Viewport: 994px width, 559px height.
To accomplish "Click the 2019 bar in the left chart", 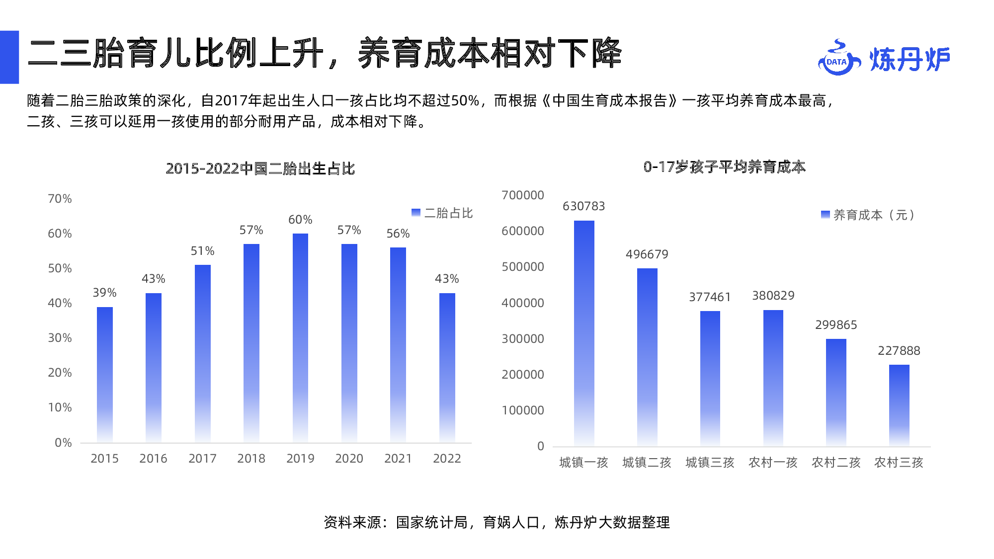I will click(300, 338).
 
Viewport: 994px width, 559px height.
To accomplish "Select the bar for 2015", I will click(104, 375).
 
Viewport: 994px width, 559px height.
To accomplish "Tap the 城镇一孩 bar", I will click(584, 333).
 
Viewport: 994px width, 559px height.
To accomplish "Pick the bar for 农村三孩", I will click(899, 405).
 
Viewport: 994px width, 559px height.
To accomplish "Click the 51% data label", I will click(202, 251).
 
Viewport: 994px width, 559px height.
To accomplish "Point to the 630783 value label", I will click(583, 206).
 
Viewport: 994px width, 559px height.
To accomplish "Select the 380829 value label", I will click(773, 296).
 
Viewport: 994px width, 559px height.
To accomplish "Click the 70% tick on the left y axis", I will click(60, 199).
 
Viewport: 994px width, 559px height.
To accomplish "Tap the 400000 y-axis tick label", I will click(522, 303).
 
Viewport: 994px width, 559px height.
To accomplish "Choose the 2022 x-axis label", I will click(447, 458).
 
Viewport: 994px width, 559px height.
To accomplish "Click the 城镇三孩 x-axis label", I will click(710, 463).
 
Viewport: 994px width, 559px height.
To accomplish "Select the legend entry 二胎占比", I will click(442, 213).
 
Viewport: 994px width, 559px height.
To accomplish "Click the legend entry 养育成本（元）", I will click(868, 215).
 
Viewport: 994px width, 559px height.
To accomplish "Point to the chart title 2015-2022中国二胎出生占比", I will click(260, 168).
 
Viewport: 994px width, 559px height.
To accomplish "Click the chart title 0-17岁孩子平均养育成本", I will click(724, 167).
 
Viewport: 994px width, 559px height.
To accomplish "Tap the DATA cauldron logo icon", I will click(838, 59).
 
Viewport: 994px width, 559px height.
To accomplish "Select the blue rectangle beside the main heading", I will click(9, 57).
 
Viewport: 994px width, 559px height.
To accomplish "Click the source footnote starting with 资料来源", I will click(497, 522).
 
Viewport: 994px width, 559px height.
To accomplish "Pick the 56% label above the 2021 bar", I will click(398, 234).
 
